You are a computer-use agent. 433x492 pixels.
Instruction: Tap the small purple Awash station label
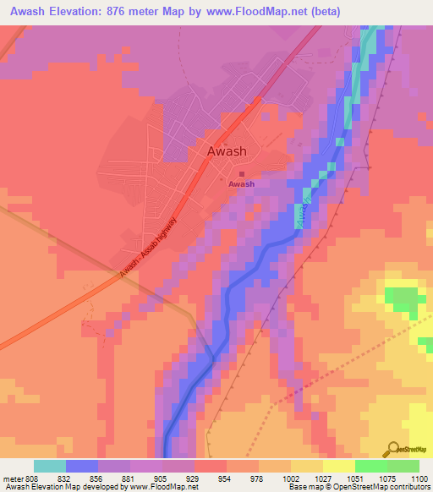(x=241, y=183)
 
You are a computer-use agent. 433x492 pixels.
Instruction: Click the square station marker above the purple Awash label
(x=242, y=174)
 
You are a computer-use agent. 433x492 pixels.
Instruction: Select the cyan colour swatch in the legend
(x=50, y=466)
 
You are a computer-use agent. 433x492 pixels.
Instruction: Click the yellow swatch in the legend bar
(x=338, y=466)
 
